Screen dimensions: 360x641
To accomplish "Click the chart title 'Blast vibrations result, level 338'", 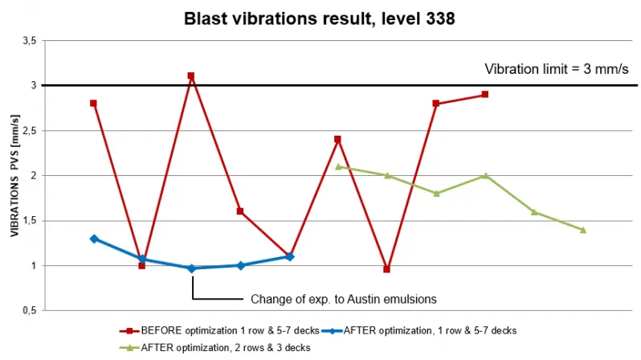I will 320,17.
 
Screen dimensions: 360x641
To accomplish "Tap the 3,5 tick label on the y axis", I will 30,40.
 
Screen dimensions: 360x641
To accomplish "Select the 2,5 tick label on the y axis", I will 30,130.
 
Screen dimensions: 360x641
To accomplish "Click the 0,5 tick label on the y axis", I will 30,310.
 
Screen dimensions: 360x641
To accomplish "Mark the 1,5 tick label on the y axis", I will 30,220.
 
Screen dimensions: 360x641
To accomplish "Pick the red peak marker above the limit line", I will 191,76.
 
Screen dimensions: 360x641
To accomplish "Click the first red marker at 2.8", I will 94,103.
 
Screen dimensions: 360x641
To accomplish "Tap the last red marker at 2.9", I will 485,94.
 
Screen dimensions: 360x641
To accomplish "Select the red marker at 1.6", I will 240,211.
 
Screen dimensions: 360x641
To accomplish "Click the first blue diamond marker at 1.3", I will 94,239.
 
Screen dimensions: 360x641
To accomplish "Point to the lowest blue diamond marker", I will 191,268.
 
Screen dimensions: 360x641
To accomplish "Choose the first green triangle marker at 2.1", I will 338,166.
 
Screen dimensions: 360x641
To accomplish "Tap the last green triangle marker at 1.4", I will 583,230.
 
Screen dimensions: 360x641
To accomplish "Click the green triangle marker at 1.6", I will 534,212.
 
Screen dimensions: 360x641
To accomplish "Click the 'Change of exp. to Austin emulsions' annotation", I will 343,299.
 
